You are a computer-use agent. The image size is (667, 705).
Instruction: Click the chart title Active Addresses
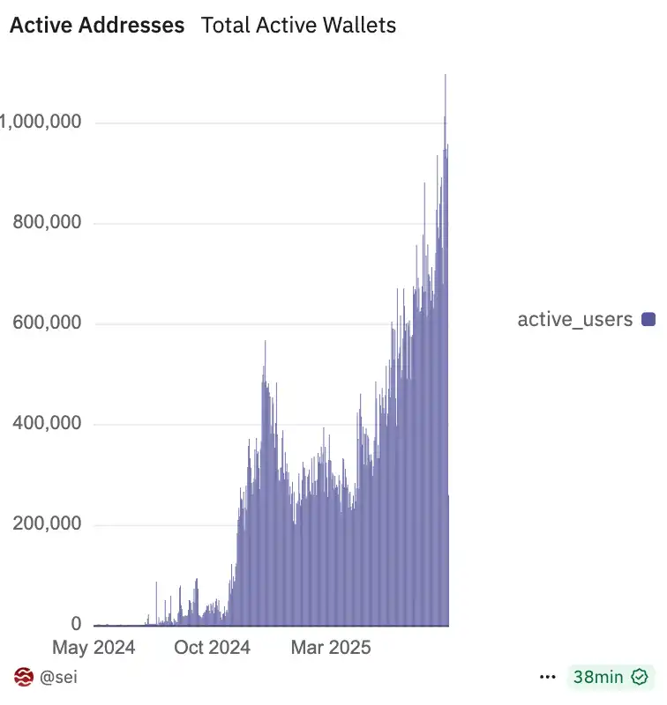pos(97,25)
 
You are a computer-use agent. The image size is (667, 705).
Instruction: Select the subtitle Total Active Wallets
pos(298,25)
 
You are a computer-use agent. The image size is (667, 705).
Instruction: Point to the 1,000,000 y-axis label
pos(41,122)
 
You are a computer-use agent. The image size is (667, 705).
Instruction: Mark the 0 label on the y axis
pos(76,625)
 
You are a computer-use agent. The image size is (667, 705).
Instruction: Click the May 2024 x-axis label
pos(94,648)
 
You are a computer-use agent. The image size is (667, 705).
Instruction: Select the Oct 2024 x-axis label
pos(212,648)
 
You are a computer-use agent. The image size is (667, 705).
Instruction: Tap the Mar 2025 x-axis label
pos(331,648)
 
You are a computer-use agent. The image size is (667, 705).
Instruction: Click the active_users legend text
pos(574,319)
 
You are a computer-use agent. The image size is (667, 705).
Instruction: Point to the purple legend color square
pos(648,319)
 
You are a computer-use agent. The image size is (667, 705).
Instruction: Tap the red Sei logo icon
pos(24,677)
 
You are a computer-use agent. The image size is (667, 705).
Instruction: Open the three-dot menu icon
pos(548,677)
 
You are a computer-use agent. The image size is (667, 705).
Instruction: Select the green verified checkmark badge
pos(640,677)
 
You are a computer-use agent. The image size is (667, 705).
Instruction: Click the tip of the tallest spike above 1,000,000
pos(446,76)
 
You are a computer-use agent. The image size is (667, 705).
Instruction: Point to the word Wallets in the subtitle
pos(360,25)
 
